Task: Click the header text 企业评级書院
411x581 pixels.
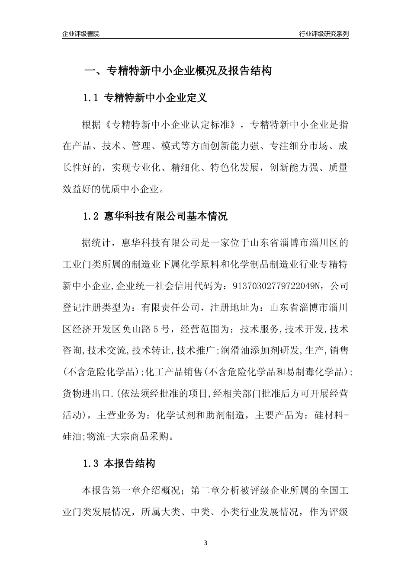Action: coord(81,34)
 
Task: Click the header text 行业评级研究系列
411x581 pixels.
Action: coord(324,34)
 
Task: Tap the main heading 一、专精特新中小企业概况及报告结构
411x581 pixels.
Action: coord(177,70)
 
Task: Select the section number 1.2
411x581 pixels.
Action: coord(91,216)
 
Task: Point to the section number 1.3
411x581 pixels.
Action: coord(91,464)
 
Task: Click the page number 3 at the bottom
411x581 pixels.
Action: coord(205,543)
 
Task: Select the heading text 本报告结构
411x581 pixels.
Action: coord(130,464)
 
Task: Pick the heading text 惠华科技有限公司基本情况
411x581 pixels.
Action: coord(166,216)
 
